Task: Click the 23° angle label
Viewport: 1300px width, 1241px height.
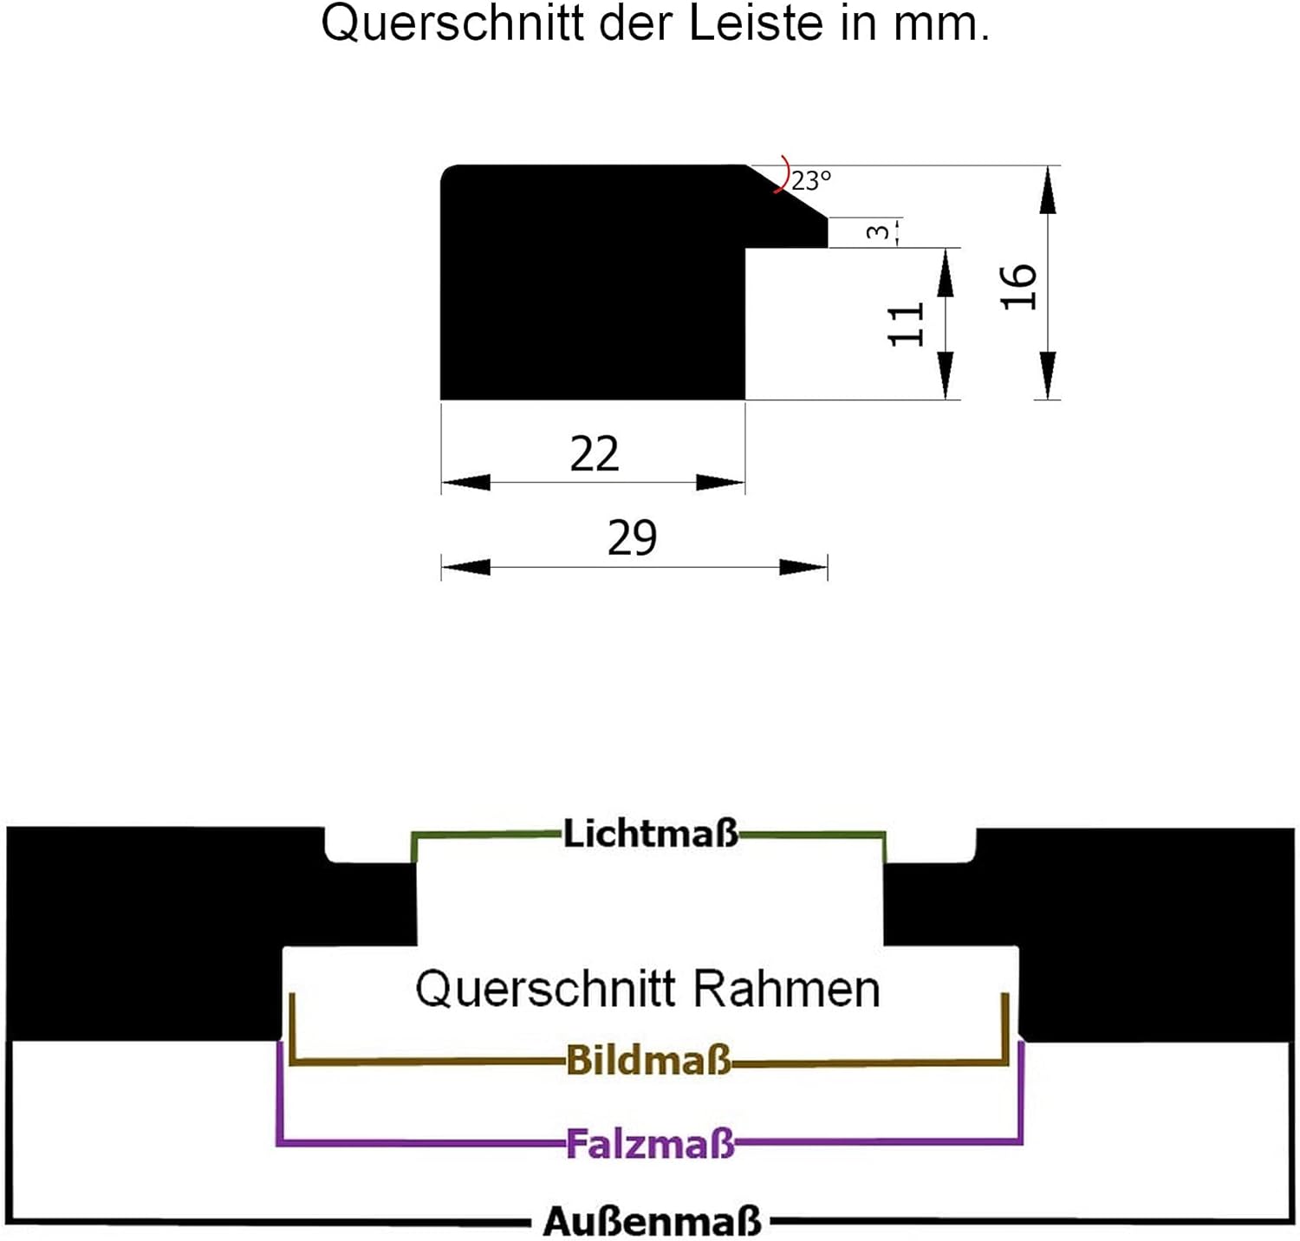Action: coord(811,180)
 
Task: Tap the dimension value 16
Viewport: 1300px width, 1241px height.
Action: coord(1018,286)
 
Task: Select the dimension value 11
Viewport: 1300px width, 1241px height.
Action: coord(907,324)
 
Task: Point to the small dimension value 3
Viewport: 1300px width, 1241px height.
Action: coord(878,232)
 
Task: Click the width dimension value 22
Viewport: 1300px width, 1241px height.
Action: coord(595,453)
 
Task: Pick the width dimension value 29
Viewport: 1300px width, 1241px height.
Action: coord(632,537)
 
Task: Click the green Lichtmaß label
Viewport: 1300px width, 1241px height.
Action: coord(651,833)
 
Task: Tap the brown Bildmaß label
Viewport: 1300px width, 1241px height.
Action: coord(649,1060)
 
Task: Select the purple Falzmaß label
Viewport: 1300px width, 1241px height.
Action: coord(650,1144)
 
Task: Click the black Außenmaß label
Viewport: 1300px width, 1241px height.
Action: coord(652,1222)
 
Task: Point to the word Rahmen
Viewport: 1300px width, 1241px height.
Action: coord(786,989)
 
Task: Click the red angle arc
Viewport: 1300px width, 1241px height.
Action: coord(785,176)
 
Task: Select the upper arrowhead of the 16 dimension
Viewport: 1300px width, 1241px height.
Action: coord(1048,189)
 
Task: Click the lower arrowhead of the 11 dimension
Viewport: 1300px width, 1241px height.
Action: coord(946,376)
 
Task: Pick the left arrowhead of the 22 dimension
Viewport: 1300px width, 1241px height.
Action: coord(466,482)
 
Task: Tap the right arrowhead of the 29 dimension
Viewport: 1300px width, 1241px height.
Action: coord(803,568)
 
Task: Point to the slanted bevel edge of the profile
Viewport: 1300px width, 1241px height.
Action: coord(787,192)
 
